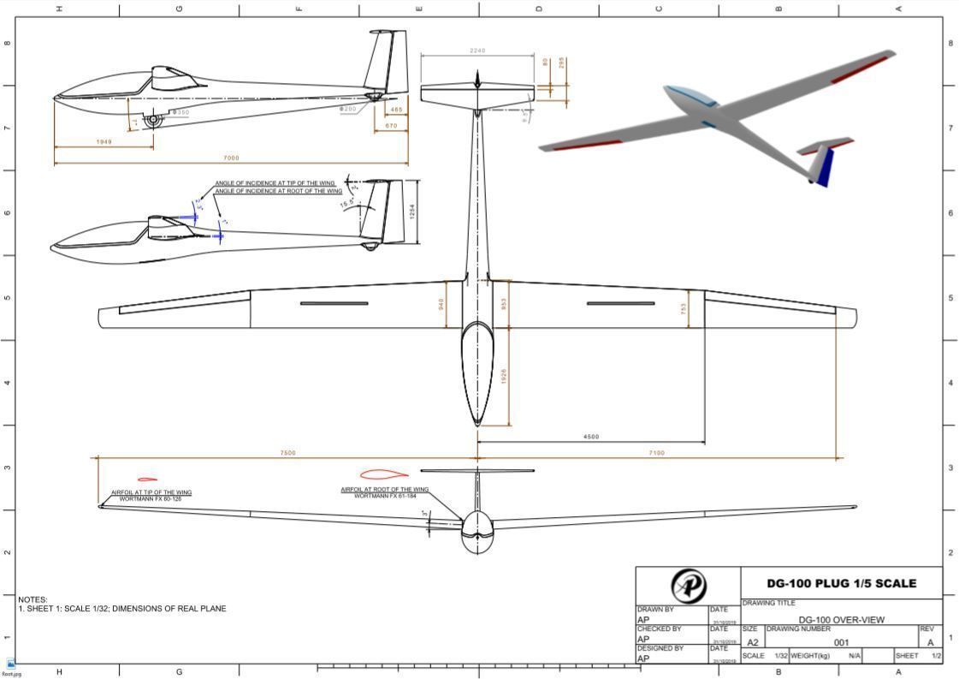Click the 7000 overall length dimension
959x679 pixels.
tap(231, 158)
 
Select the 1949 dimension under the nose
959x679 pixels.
tap(104, 141)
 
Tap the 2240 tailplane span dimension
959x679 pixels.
tap(477, 51)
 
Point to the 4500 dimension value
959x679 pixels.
tap(591, 437)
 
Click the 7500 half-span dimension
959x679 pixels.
tap(287, 453)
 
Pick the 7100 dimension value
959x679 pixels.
tap(656, 453)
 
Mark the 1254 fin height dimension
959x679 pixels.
tap(413, 211)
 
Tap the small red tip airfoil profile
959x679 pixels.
tap(147, 479)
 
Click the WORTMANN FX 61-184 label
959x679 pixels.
tap(385, 496)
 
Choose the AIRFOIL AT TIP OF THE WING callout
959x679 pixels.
tap(151, 492)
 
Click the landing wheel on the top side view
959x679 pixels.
tap(153, 120)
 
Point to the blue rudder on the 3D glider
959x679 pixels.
tap(825, 166)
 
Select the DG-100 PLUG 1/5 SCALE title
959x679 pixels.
tap(841, 583)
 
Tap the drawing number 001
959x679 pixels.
tap(841, 642)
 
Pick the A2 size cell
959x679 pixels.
tap(753, 642)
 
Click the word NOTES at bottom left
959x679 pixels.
tap(33, 599)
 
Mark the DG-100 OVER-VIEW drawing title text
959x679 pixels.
tap(841, 620)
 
